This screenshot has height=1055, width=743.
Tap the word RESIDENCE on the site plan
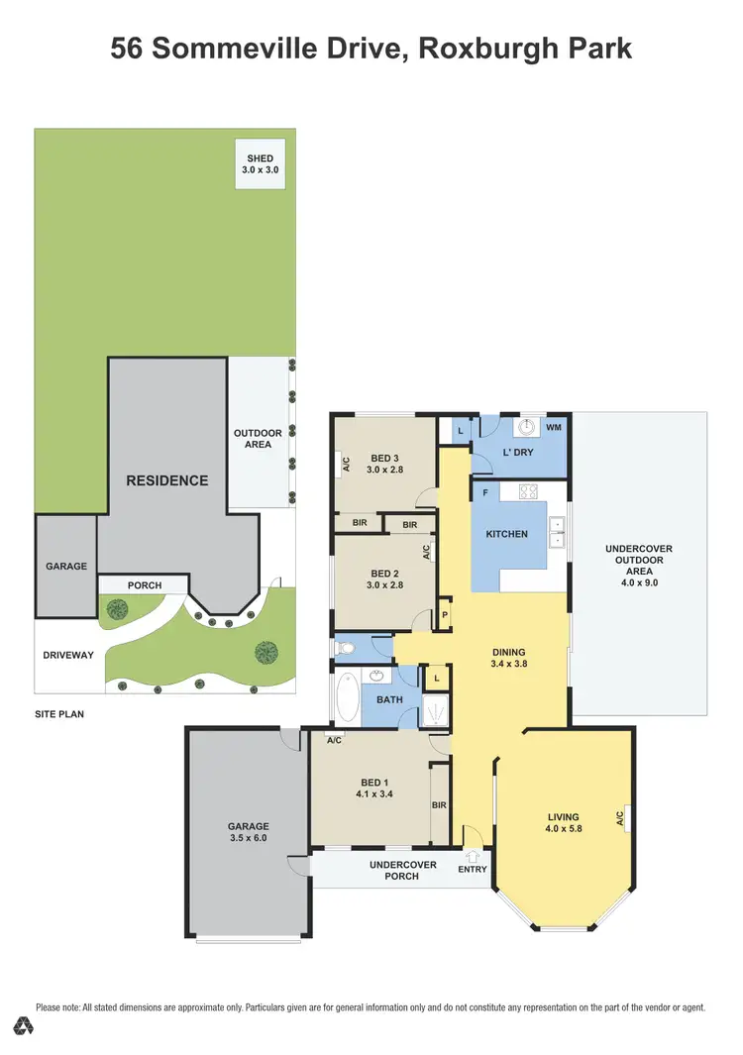(x=166, y=480)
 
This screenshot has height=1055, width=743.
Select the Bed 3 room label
(x=384, y=458)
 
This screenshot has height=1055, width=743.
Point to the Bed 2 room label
(x=384, y=574)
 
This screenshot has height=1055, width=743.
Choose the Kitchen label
(x=506, y=534)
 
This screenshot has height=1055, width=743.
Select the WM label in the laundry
(x=554, y=427)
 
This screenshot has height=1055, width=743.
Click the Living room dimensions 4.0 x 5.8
(x=564, y=829)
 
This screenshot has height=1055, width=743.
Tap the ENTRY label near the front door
(x=473, y=870)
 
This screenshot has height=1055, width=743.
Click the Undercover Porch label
(x=403, y=870)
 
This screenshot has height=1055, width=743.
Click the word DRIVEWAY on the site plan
(x=68, y=655)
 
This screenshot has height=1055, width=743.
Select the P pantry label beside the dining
(x=445, y=613)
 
